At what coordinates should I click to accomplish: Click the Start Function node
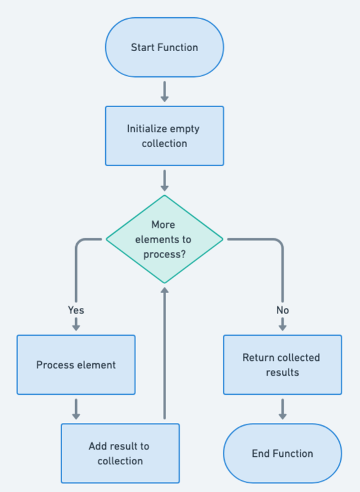[164, 47]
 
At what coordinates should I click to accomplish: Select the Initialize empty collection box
[164, 136]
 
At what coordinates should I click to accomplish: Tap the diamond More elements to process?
[164, 240]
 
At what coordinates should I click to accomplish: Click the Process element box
[76, 365]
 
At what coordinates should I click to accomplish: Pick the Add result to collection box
[120, 453]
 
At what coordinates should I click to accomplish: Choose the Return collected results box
[282, 365]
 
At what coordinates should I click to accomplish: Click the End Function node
[282, 453]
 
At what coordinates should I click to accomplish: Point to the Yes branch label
[76, 310]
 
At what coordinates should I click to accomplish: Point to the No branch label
[282, 310]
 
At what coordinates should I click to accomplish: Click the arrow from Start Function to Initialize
[164, 91]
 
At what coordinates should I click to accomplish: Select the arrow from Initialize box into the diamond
[164, 180]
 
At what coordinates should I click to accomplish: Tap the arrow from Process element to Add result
[76, 409]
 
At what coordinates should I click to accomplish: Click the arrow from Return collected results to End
[282, 409]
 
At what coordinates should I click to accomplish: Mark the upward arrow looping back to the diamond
[164, 351]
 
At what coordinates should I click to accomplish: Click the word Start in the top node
[142, 47]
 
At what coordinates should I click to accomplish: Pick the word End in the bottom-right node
[260, 453]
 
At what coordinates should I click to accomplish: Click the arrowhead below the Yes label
[76, 327]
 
